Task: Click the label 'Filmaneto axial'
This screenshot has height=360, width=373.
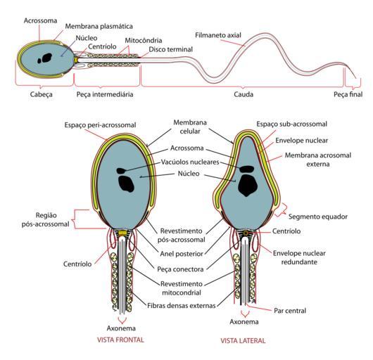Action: [218, 35]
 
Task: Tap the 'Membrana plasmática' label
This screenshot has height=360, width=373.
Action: [99, 26]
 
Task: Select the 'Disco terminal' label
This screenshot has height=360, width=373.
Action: [170, 49]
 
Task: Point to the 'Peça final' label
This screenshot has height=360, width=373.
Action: [348, 94]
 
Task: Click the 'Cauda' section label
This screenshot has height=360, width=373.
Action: [244, 94]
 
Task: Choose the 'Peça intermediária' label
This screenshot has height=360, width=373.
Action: [105, 94]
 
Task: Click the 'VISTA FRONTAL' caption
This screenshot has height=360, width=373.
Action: [120, 340]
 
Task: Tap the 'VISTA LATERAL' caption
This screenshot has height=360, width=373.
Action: [243, 341]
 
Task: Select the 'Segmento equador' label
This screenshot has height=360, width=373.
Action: [318, 217]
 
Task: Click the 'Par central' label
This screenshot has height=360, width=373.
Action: [290, 311]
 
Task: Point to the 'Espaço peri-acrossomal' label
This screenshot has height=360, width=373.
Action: [100, 125]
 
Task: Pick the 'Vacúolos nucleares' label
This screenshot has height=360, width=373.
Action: [190, 162]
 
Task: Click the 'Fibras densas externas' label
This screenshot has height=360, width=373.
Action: [182, 306]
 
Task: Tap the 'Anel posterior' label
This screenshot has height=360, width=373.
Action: [182, 254]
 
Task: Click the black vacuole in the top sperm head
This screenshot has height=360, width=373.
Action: [45, 58]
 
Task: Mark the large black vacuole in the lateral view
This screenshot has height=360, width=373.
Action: [248, 185]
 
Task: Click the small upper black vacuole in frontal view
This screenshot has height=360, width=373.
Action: [121, 170]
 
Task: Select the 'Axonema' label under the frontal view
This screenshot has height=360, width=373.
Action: [121, 328]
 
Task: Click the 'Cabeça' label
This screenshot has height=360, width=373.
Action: [41, 94]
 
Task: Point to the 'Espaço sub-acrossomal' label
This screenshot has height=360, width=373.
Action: [291, 124]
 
